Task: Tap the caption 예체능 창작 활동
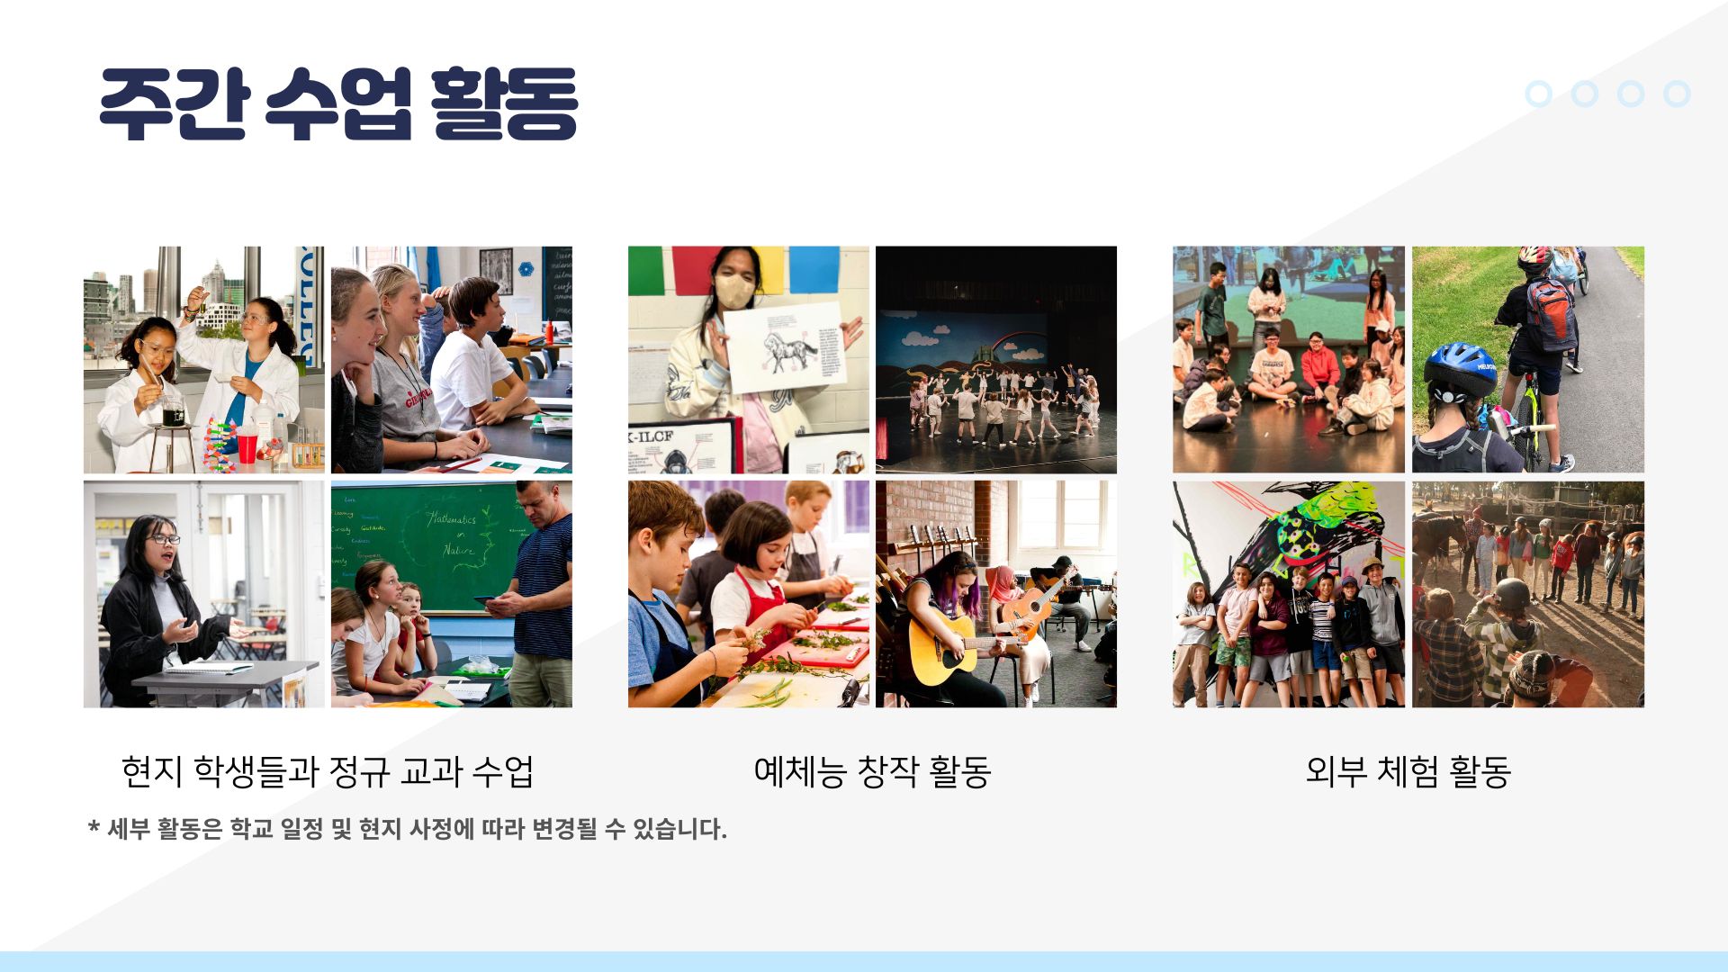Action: (872, 771)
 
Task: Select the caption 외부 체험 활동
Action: (1408, 771)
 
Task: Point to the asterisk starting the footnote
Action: (94, 826)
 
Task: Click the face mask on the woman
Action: (734, 290)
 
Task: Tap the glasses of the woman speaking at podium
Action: (163, 539)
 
